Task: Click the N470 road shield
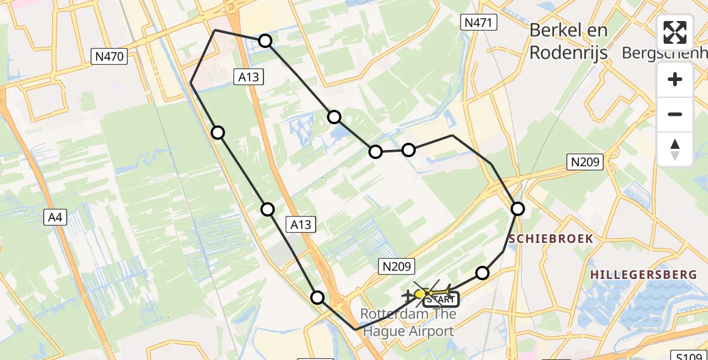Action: (x=109, y=57)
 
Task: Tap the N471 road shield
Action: (x=479, y=23)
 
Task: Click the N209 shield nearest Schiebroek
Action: (x=584, y=161)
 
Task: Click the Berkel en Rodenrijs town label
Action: (x=568, y=41)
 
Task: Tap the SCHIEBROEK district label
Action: (x=551, y=239)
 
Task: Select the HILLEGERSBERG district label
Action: (x=643, y=275)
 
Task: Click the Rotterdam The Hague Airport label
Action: (x=408, y=322)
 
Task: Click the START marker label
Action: (x=442, y=299)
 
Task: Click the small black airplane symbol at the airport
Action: (x=409, y=295)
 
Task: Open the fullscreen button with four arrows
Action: (x=675, y=32)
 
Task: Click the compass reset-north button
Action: (x=675, y=149)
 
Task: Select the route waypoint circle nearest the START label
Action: (x=482, y=274)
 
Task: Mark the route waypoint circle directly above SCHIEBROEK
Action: (x=517, y=209)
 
